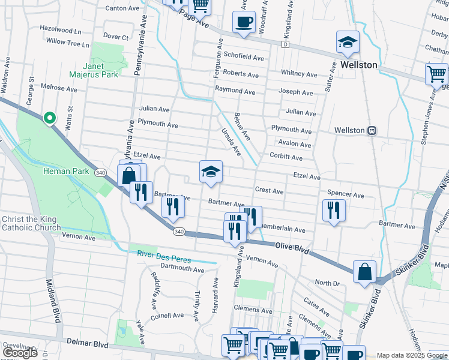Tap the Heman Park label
[66, 172]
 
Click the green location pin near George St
[49, 118]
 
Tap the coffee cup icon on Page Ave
[244, 23]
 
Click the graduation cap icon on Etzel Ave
[211, 173]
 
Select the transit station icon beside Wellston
[372, 130]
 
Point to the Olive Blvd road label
[292, 247]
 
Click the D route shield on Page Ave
[286, 44]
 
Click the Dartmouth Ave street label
[182, 268]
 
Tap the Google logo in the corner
[20, 353]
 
